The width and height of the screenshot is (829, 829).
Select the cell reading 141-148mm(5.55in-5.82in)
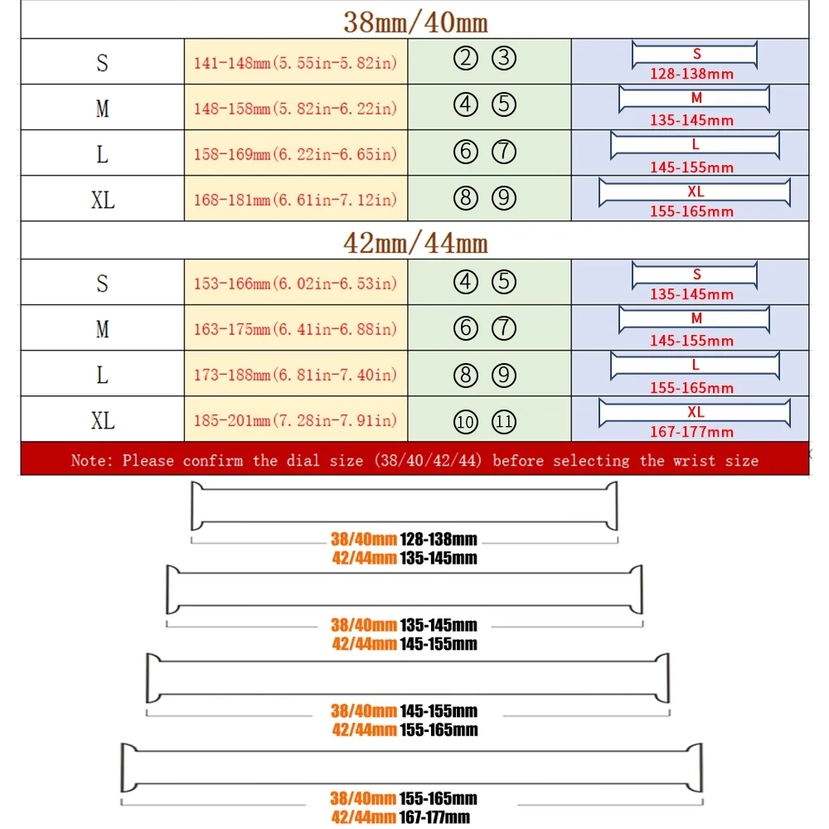click(295, 62)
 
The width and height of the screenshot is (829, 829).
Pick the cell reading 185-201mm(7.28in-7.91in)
click(295, 421)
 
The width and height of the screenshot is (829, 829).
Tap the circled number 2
click(467, 59)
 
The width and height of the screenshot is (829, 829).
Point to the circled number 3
click(504, 59)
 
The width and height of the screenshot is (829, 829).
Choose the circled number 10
click(466, 422)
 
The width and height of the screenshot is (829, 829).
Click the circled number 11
click(504, 422)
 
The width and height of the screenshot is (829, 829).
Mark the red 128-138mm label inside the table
click(692, 74)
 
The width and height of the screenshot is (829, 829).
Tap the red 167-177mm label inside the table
click(692, 432)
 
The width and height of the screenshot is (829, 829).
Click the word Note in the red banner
click(88, 460)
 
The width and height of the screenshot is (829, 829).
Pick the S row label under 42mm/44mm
click(102, 284)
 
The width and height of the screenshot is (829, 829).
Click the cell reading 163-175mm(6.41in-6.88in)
click(295, 329)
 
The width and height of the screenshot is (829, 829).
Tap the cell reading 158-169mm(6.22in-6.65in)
click(295, 154)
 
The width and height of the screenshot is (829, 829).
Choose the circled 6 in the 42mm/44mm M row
click(467, 328)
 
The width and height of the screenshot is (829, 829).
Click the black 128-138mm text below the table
click(438, 540)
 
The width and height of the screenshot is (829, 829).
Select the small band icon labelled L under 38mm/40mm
click(696, 145)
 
